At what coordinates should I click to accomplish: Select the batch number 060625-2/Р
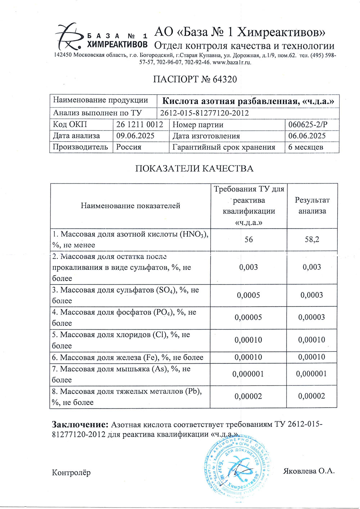(x=308, y=125)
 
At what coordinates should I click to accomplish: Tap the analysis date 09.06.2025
(x=135, y=136)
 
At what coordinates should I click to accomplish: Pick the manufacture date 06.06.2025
(x=307, y=136)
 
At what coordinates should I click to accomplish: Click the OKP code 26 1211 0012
(x=140, y=125)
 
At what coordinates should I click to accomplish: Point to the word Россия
(x=129, y=147)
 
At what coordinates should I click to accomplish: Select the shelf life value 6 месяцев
(x=306, y=147)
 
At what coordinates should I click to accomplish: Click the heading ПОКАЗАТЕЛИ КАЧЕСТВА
(x=194, y=168)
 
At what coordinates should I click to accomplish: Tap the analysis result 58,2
(x=312, y=240)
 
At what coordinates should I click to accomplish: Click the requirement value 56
(x=248, y=240)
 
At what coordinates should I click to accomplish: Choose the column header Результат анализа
(x=312, y=206)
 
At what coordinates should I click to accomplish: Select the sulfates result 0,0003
(x=312, y=295)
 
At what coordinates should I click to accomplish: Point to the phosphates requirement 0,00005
(x=248, y=318)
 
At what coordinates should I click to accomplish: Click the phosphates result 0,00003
(x=312, y=318)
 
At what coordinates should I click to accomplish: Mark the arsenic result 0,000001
(x=312, y=374)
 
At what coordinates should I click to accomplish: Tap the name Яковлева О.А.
(x=309, y=471)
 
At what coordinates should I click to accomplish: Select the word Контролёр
(x=71, y=472)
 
